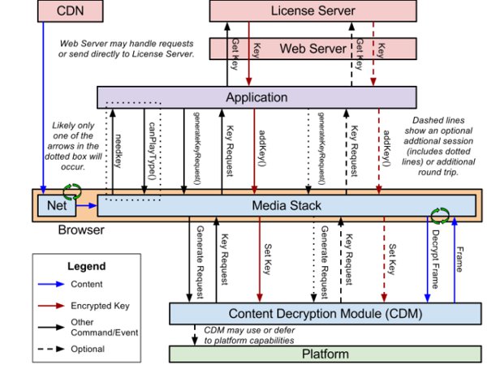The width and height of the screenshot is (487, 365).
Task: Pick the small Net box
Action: pos(55,206)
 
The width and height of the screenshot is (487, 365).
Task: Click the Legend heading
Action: pos(69,265)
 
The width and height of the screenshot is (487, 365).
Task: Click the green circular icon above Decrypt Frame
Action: pos(439,215)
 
